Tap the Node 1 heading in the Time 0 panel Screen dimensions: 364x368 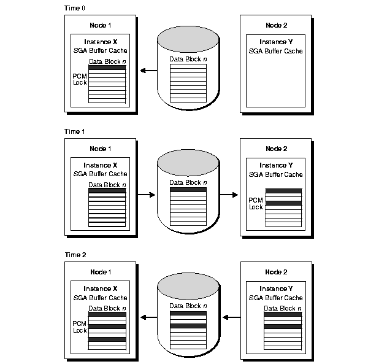tap(101, 25)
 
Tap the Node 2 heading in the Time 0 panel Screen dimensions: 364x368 tap(277, 25)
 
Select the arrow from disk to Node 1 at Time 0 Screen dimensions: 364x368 tap(148, 71)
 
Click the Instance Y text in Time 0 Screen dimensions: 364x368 tap(277, 42)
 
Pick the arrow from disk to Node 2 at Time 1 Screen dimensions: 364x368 tap(229, 195)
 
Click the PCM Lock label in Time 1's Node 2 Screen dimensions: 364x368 tap(256, 203)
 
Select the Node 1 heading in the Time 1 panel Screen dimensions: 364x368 tap(101, 149)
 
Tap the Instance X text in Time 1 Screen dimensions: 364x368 tap(101, 165)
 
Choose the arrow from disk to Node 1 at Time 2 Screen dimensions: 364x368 tap(148, 317)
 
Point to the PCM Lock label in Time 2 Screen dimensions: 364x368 tap(80, 326)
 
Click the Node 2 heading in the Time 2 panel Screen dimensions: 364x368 tap(277, 272)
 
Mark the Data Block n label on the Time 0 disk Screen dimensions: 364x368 tap(188, 59)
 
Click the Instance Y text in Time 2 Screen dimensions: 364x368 tap(277, 288)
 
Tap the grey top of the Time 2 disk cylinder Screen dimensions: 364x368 tap(188, 284)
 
